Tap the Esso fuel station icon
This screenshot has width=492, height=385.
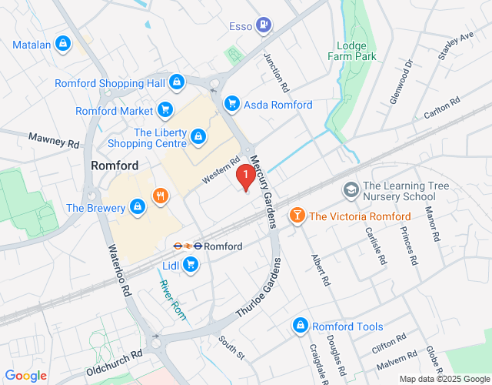point(264,25)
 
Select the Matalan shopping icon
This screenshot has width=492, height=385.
point(63,45)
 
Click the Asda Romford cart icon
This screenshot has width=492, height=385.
point(231,104)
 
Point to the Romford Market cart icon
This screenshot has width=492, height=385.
point(165,111)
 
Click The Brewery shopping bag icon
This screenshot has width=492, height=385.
point(137,207)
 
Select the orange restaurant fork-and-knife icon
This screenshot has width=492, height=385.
point(160,196)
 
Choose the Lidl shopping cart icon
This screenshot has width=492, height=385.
point(190,266)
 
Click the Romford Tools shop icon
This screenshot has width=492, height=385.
point(301,326)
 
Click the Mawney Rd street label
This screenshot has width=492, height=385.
point(54,141)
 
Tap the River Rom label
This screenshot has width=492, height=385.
point(173,300)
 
